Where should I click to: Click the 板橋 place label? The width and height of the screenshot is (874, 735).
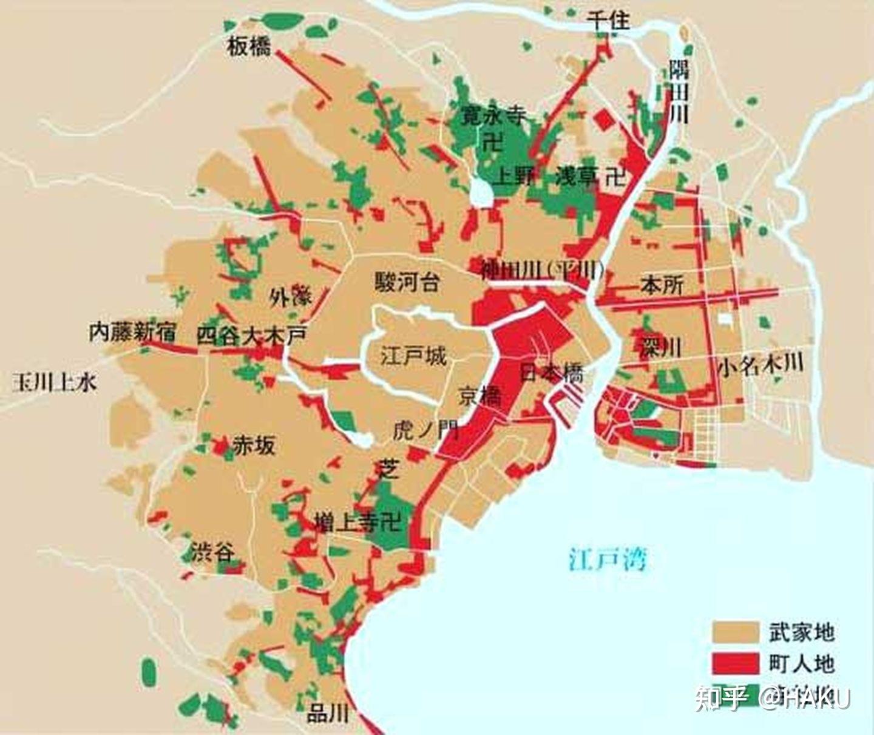click(249, 46)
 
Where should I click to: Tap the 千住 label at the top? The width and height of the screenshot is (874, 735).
click(608, 21)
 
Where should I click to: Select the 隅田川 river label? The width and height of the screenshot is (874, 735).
click(679, 91)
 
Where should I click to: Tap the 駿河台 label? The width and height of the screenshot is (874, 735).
click(407, 282)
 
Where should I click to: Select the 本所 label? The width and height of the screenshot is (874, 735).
click(662, 285)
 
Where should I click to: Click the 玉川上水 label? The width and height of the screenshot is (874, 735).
click(55, 382)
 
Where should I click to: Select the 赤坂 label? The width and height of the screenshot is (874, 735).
click(254, 446)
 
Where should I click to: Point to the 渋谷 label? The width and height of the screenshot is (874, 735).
click(212, 552)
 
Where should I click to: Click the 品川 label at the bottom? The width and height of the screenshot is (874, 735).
click(328, 713)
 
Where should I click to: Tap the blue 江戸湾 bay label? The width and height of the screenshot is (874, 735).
click(608, 558)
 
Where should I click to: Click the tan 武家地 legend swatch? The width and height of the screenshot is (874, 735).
click(735, 632)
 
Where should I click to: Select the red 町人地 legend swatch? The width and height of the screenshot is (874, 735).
click(735, 663)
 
